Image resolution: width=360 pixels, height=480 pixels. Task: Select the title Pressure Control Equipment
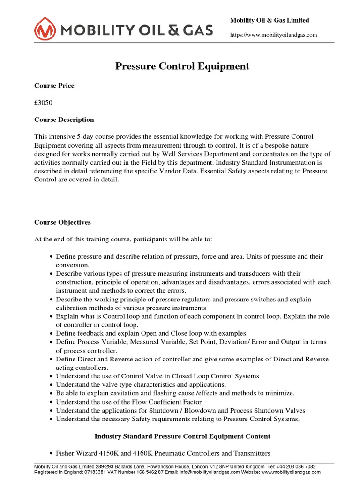(x=182, y=67)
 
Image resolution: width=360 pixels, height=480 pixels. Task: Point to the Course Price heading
(x=54, y=86)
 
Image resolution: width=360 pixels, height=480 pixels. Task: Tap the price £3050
(x=44, y=103)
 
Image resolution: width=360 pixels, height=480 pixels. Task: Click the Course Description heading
(x=64, y=120)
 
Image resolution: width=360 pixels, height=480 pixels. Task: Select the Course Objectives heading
(x=63, y=222)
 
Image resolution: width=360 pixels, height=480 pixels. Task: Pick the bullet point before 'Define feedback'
(x=51, y=333)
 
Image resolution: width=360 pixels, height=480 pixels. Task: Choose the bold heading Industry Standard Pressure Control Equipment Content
(x=182, y=436)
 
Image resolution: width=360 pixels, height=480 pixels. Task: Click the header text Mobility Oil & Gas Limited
(x=270, y=20)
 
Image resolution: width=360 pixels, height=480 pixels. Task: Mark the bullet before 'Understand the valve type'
(x=51, y=384)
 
